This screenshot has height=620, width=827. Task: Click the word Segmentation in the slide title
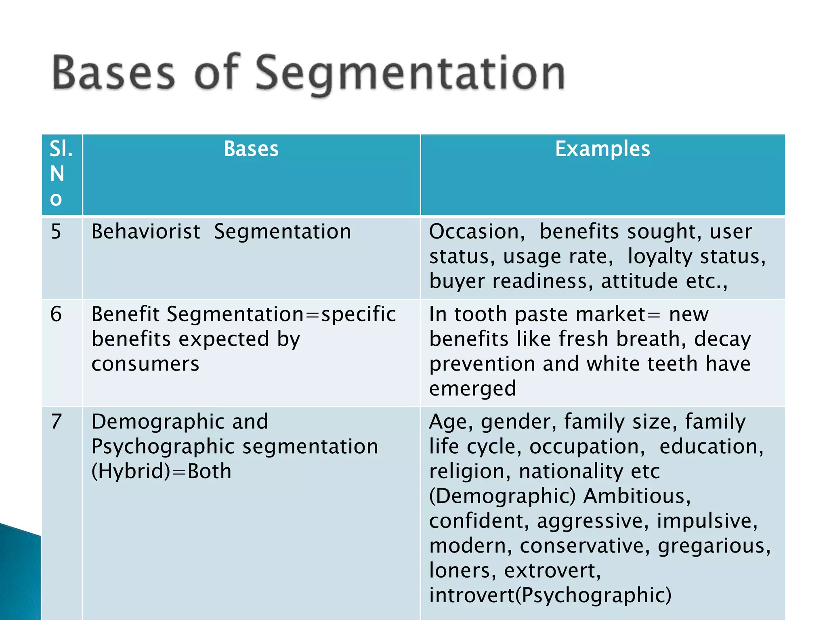coord(410,73)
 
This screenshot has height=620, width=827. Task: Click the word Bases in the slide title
coord(113,73)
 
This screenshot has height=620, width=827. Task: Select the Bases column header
coord(251,149)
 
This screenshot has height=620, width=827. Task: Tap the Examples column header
coord(602,149)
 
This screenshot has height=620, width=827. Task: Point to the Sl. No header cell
coord(61,174)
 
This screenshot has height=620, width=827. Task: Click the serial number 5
coord(56,232)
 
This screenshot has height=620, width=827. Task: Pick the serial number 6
coord(56,314)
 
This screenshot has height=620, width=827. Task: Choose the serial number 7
coord(56,422)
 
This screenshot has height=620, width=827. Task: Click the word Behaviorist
coord(146,232)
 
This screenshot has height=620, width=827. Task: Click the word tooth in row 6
coord(480,314)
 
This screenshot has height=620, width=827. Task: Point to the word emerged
coord(472,389)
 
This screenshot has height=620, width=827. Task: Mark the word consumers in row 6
coord(145,364)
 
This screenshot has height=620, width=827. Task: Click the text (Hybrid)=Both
coord(162,471)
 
